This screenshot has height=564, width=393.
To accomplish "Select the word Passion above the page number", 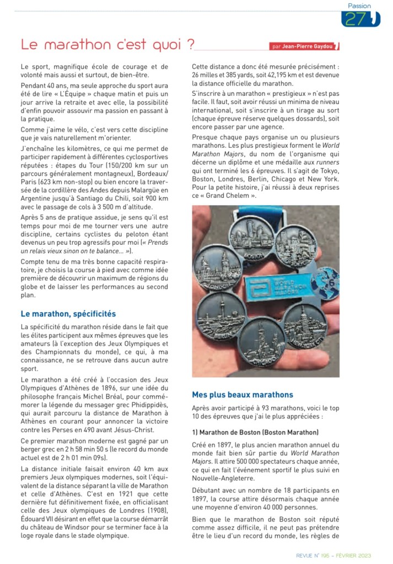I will click(360, 6).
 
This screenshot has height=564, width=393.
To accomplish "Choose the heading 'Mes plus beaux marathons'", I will click(243, 394).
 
